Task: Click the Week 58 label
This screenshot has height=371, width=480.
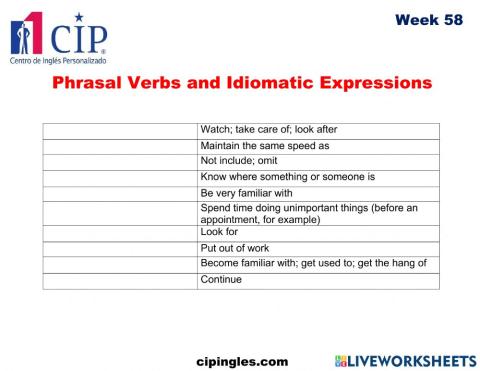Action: tap(428, 20)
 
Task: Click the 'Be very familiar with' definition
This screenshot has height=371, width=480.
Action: tap(246, 193)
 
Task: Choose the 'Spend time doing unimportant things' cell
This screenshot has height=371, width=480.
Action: tap(310, 213)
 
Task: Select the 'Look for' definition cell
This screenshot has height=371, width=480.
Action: tap(219, 232)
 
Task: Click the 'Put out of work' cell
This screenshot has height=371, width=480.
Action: tap(235, 248)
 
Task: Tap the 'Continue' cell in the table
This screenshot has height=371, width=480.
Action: tap(221, 280)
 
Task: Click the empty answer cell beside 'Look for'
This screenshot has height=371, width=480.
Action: tap(120, 232)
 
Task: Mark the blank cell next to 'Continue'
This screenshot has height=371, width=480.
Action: tap(120, 280)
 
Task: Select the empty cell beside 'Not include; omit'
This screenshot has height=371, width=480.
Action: tap(120, 161)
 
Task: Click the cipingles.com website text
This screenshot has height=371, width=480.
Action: tap(242, 359)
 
